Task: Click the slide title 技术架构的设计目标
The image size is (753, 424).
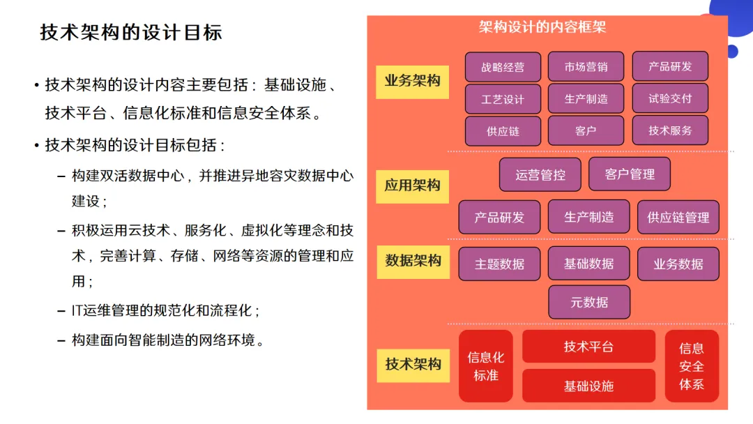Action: (x=130, y=32)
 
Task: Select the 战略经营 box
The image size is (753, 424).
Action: (x=503, y=67)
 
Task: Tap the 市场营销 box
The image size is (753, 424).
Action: (x=586, y=67)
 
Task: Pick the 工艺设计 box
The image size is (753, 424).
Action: (x=503, y=99)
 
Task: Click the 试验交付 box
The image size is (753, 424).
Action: (x=670, y=98)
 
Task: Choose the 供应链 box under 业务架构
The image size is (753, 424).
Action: (x=503, y=131)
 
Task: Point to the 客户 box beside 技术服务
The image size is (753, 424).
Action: (x=586, y=131)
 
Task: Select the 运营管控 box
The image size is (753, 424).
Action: (x=540, y=174)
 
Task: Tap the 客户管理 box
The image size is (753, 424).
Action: (x=630, y=174)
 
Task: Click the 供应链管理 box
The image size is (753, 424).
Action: (x=678, y=217)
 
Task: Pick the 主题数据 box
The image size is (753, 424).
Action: (x=499, y=264)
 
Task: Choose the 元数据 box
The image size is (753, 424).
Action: (x=589, y=302)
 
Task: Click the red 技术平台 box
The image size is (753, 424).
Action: (x=588, y=347)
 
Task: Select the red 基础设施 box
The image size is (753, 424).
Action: (x=588, y=386)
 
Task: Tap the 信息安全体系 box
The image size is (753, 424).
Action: (x=691, y=366)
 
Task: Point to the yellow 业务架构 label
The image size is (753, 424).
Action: (x=412, y=81)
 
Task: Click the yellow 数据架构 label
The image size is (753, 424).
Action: (x=413, y=260)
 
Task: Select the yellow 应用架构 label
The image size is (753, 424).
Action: (x=412, y=185)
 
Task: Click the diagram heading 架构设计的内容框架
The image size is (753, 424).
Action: (x=542, y=27)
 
